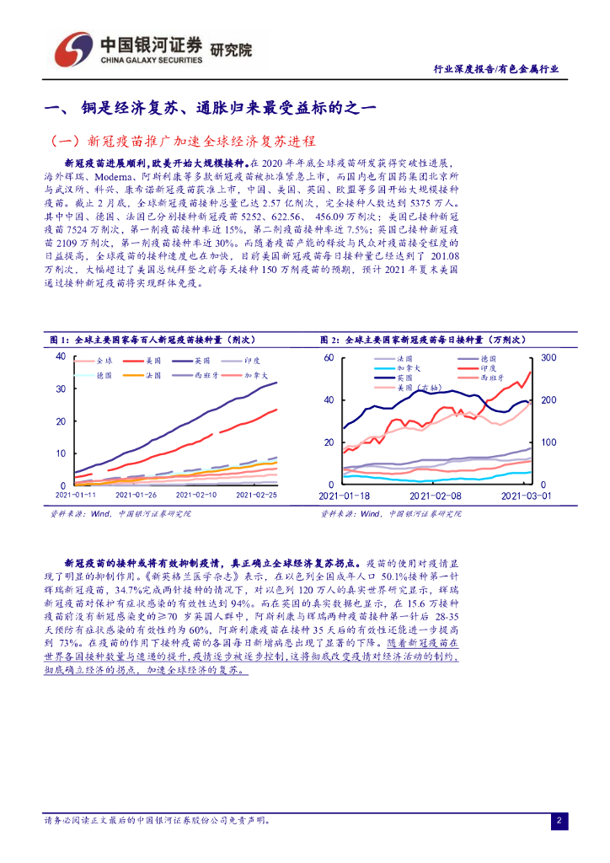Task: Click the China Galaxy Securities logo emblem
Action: tap(72, 50)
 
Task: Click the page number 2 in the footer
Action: tap(559, 820)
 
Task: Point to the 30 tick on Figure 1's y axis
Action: tap(60, 389)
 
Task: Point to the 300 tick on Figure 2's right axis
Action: tap(548, 358)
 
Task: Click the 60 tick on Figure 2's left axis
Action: tap(329, 358)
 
